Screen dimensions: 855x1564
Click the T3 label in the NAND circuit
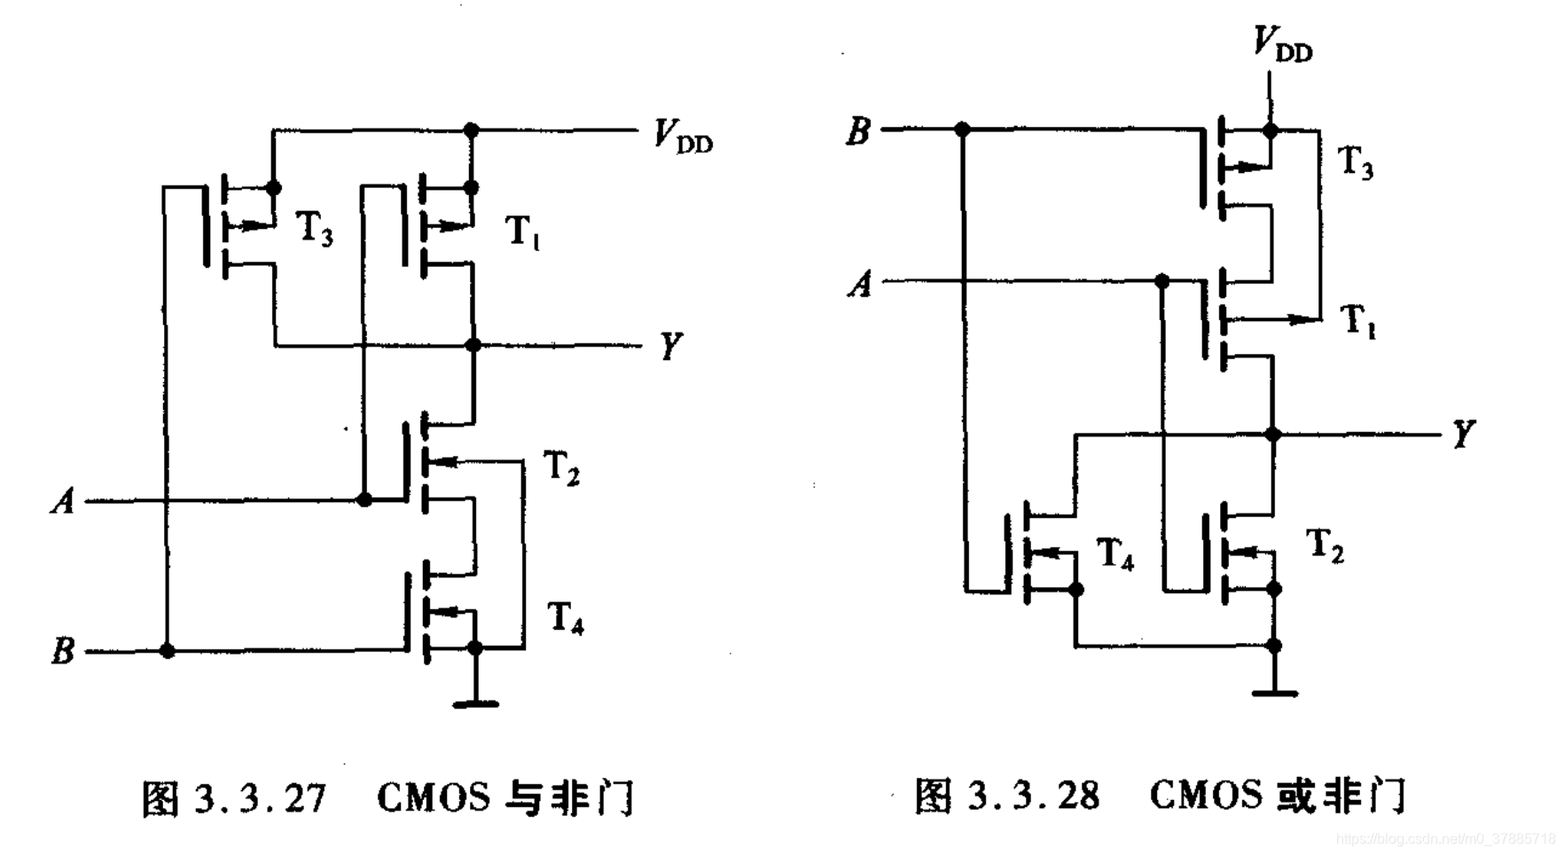pyautogui.click(x=314, y=229)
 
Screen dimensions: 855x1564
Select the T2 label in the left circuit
pyautogui.click(x=560, y=467)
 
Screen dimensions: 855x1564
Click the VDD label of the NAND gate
pyautogui.click(x=683, y=137)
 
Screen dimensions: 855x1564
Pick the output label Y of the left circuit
pyautogui.click(x=671, y=345)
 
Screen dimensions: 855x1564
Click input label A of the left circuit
pyautogui.click(x=63, y=501)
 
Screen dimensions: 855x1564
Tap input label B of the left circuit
pyautogui.click(x=63, y=651)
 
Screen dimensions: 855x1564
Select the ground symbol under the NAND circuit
pyautogui.click(x=475, y=703)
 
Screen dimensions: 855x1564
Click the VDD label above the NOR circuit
pyautogui.click(x=1282, y=44)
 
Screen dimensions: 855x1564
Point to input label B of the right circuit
pyautogui.click(x=858, y=130)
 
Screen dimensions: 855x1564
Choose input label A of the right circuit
pyautogui.click(x=860, y=284)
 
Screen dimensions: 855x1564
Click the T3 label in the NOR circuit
pyautogui.click(x=1355, y=162)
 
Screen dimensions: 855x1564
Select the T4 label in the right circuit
pyautogui.click(x=1114, y=554)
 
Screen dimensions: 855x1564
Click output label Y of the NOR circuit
pyautogui.click(x=1463, y=435)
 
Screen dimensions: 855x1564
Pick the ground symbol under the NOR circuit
pyautogui.click(x=1274, y=692)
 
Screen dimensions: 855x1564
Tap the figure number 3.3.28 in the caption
pyautogui.click(x=1033, y=796)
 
